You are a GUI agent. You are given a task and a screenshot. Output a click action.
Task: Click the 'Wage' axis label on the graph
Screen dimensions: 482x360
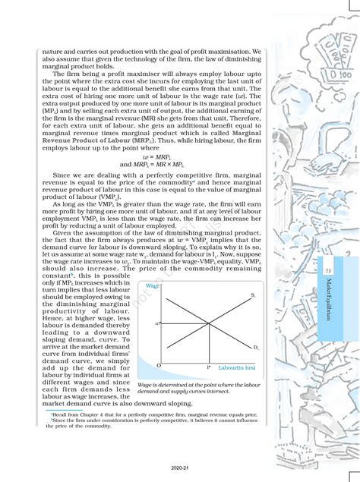tap(152, 285)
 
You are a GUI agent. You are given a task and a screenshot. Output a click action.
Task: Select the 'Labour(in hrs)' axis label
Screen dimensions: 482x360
tap(235, 367)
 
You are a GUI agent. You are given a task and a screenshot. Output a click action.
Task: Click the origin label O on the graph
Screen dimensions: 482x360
tap(158, 366)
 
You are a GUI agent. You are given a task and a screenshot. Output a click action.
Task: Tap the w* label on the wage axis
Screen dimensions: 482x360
tap(158, 323)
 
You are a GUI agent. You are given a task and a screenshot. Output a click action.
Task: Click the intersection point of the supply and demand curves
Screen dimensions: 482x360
tap(208, 323)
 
